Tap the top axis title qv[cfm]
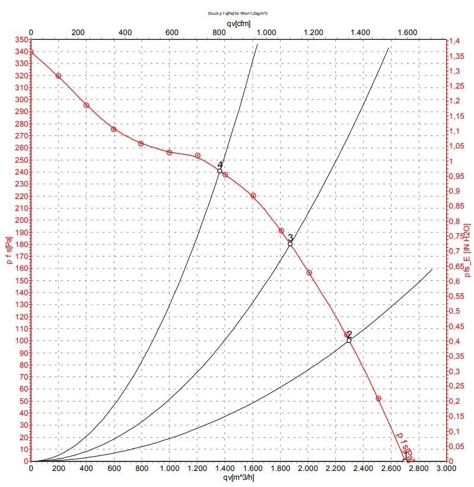click(238, 23)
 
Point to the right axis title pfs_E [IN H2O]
click(467, 250)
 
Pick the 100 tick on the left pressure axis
click(22, 340)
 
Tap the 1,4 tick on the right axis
click(454, 40)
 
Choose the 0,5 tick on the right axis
click(454, 311)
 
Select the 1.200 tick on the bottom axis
click(197, 469)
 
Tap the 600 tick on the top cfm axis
click(171, 32)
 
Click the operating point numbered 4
click(219, 171)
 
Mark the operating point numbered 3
click(290, 244)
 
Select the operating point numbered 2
click(349, 340)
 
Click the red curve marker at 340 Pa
click(31, 52)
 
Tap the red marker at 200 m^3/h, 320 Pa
click(58, 76)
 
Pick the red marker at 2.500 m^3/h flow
click(378, 399)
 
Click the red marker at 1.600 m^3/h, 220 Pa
click(253, 195)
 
